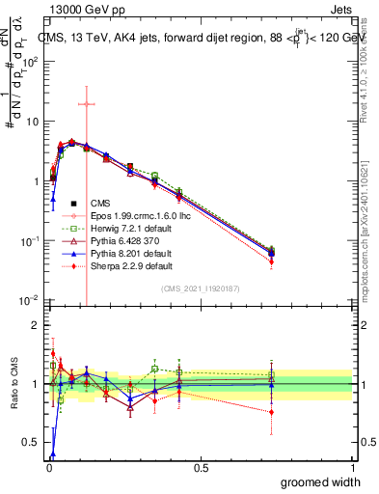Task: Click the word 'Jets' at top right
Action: (x=339, y=9)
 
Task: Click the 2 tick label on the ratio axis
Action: (x=34, y=325)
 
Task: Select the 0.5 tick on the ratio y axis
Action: (x=29, y=444)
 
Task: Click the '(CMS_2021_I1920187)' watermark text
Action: (x=201, y=288)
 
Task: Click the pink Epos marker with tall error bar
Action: (x=87, y=104)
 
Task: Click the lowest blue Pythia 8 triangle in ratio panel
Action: (x=52, y=453)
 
